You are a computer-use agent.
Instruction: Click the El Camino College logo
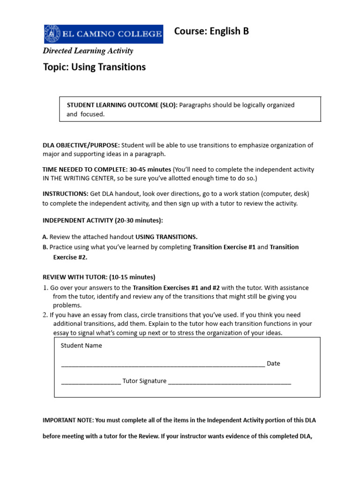click(103, 34)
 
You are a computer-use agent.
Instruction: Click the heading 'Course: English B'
click(211, 31)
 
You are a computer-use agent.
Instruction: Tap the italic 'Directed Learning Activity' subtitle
click(88, 51)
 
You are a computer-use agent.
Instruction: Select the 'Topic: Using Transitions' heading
click(94, 67)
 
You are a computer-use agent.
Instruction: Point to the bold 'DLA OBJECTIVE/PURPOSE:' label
click(81, 145)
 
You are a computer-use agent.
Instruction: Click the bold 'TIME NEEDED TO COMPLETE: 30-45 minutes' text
click(107, 169)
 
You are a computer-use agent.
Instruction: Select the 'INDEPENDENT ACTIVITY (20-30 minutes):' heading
click(103, 220)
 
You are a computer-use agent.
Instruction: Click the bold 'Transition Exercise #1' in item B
click(224, 247)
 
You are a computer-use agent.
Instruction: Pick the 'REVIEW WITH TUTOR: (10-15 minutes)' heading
click(99, 277)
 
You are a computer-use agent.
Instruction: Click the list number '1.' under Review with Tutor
click(46, 288)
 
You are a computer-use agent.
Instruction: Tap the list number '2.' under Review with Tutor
click(46, 315)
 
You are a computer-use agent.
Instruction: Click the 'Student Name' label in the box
click(81, 345)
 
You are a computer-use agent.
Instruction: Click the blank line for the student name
click(163, 364)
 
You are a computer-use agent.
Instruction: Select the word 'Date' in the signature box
click(273, 363)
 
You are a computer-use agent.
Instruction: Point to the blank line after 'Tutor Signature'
click(230, 382)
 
